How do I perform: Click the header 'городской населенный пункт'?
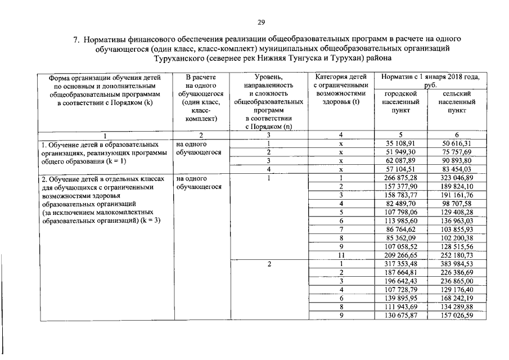(400, 102)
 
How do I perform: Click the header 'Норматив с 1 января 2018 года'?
(430, 79)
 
